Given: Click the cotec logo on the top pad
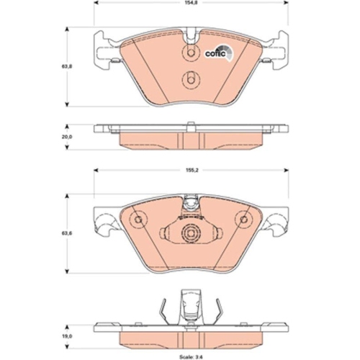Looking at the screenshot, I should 219,51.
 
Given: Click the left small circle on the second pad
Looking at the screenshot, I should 138,219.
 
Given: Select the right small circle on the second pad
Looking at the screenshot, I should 244,219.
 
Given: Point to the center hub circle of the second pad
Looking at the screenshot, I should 191,233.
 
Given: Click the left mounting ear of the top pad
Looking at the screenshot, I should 104,51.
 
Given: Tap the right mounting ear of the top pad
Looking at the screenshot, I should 278,51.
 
